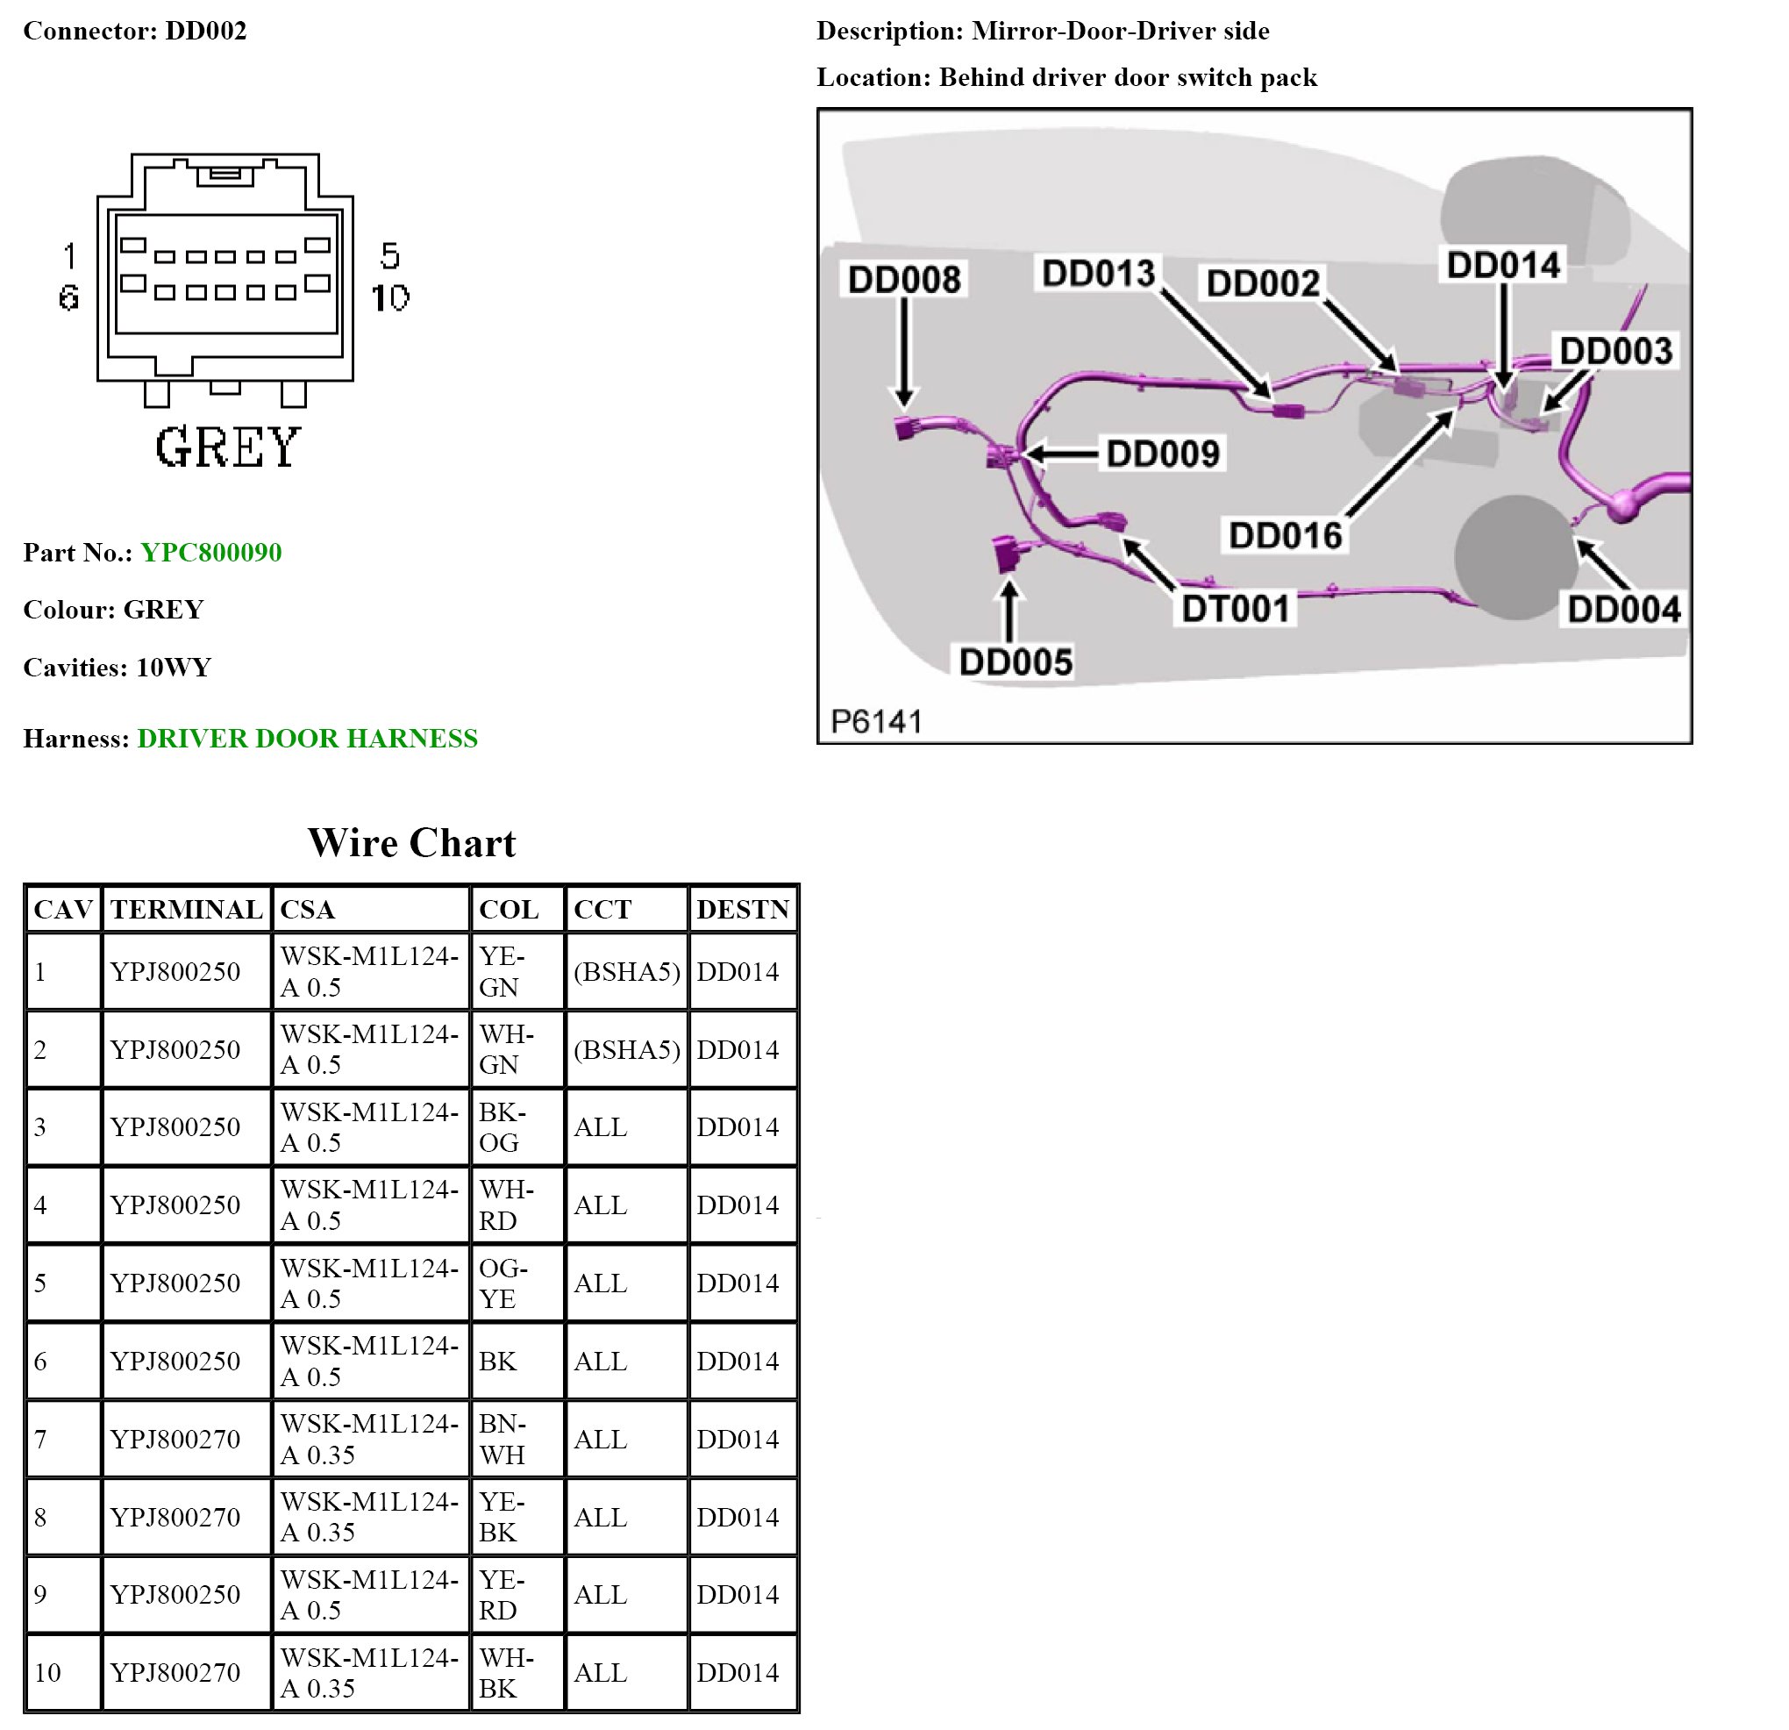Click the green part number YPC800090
(x=210, y=553)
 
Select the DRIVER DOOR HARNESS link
(x=307, y=739)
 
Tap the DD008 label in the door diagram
(x=903, y=279)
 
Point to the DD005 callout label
(x=1015, y=661)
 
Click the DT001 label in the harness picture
(x=1236, y=608)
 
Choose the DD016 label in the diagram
(x=1285, y=535)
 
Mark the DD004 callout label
(x=1624, y=610)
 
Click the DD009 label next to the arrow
(x=1163, y=454)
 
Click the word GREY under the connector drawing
(x=227, y=447)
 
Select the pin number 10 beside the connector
(x=390, y=297)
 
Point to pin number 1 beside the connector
(x=69, y=256)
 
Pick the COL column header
(x=509, y=909)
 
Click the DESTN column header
(x=742, y=909)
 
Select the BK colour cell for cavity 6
(x=497, y=1362)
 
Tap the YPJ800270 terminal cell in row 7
(x=175, y=1439)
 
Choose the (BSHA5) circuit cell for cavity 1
(x=626, y=971)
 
